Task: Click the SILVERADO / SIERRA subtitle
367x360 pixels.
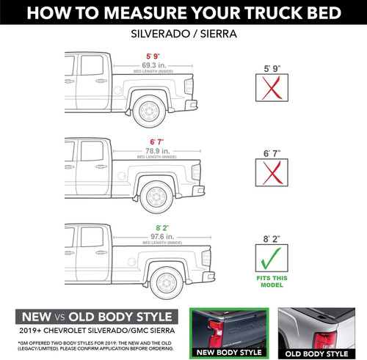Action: point(183,34)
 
